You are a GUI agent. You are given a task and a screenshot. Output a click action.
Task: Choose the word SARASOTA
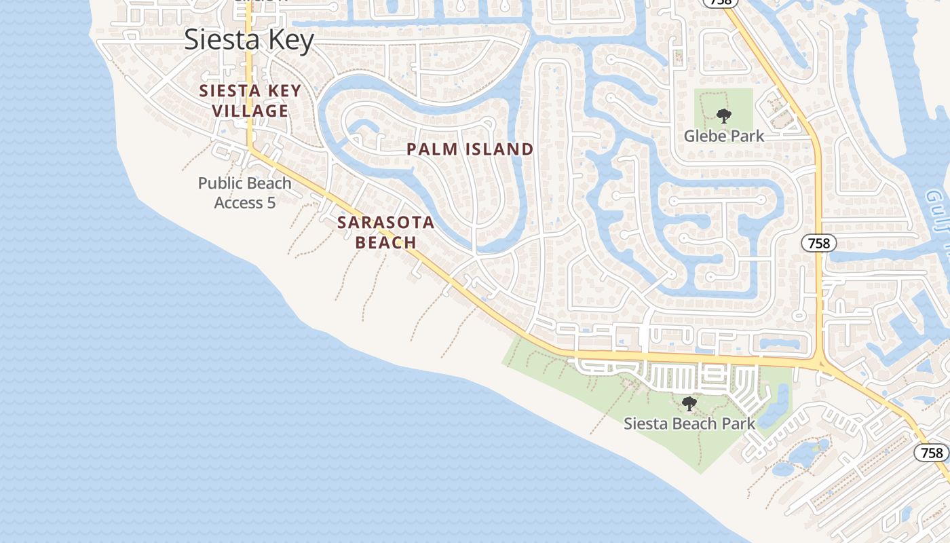pyautogui.click(x=386, y=223)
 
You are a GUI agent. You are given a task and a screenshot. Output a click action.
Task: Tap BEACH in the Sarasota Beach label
pyautogui.click(x=386, y=242)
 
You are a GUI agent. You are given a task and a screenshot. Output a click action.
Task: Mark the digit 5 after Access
pyautogui.click(x=271, y=203)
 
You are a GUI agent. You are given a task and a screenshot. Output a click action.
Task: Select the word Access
pyautogui.click(x=239, y=203)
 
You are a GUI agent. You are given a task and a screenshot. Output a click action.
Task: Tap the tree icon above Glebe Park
pyautogui.click(x=723, y=116)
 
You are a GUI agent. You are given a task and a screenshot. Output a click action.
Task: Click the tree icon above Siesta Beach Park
pyautogui.click(x=689, y=405)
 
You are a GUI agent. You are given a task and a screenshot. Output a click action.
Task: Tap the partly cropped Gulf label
pyautogui.click(x=939, y=210)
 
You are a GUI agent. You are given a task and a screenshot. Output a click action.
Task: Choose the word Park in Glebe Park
pyautogui.click(x=748, y=136)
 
